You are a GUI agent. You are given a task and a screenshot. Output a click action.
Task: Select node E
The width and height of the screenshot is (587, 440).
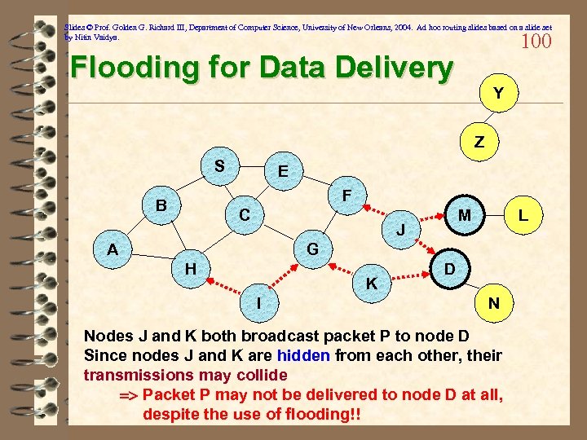[x=282, y=172]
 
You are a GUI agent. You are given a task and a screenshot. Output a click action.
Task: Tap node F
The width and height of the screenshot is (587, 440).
[x=346, y=196]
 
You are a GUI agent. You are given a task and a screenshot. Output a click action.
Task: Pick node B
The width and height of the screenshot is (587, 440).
[x=162, y=205]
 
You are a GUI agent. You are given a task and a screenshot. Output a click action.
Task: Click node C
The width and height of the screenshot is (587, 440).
[x=244, y=216]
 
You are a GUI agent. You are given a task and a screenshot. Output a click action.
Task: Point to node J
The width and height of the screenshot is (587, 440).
[x=401, y=231]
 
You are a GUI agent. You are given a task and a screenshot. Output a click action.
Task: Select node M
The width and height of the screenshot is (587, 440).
[x=464, y=215]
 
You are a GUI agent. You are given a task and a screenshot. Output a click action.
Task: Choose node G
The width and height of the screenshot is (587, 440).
[x=311, y=249]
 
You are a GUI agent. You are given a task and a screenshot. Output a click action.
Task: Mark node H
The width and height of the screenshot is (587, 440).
[x=190, y=268]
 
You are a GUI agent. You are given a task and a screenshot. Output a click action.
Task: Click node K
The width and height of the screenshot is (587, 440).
[x=371, y=284]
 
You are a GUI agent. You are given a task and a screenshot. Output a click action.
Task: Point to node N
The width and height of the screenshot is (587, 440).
[x=494, y=303]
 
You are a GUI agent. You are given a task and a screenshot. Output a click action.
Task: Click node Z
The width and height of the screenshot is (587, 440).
[x=479, y=142]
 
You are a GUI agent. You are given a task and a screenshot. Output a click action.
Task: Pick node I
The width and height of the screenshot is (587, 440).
[x=258, y=302]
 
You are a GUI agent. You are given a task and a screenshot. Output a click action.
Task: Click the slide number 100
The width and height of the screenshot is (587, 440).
[x=536, y=42]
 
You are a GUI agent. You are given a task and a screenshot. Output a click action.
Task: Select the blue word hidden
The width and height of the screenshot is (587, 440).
[x=304, y=355]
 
